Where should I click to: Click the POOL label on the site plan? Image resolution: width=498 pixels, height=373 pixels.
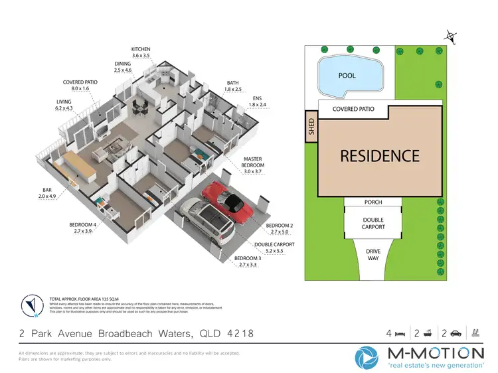tap(347, 76)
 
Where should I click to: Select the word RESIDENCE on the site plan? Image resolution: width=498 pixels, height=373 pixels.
tap(380, 156)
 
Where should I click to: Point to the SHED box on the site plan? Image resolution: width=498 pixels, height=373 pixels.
tap(310, 127)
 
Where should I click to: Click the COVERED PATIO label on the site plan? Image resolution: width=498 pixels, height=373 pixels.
tap(353, 109)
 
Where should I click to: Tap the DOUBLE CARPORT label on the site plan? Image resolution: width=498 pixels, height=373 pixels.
tap(373, 224)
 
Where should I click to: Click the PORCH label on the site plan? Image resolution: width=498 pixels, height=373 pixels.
tap(373, 202)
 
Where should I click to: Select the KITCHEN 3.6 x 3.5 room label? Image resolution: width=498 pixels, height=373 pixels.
tap(141, 52)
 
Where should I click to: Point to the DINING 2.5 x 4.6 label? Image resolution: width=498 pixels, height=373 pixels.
tap(123, 68)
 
